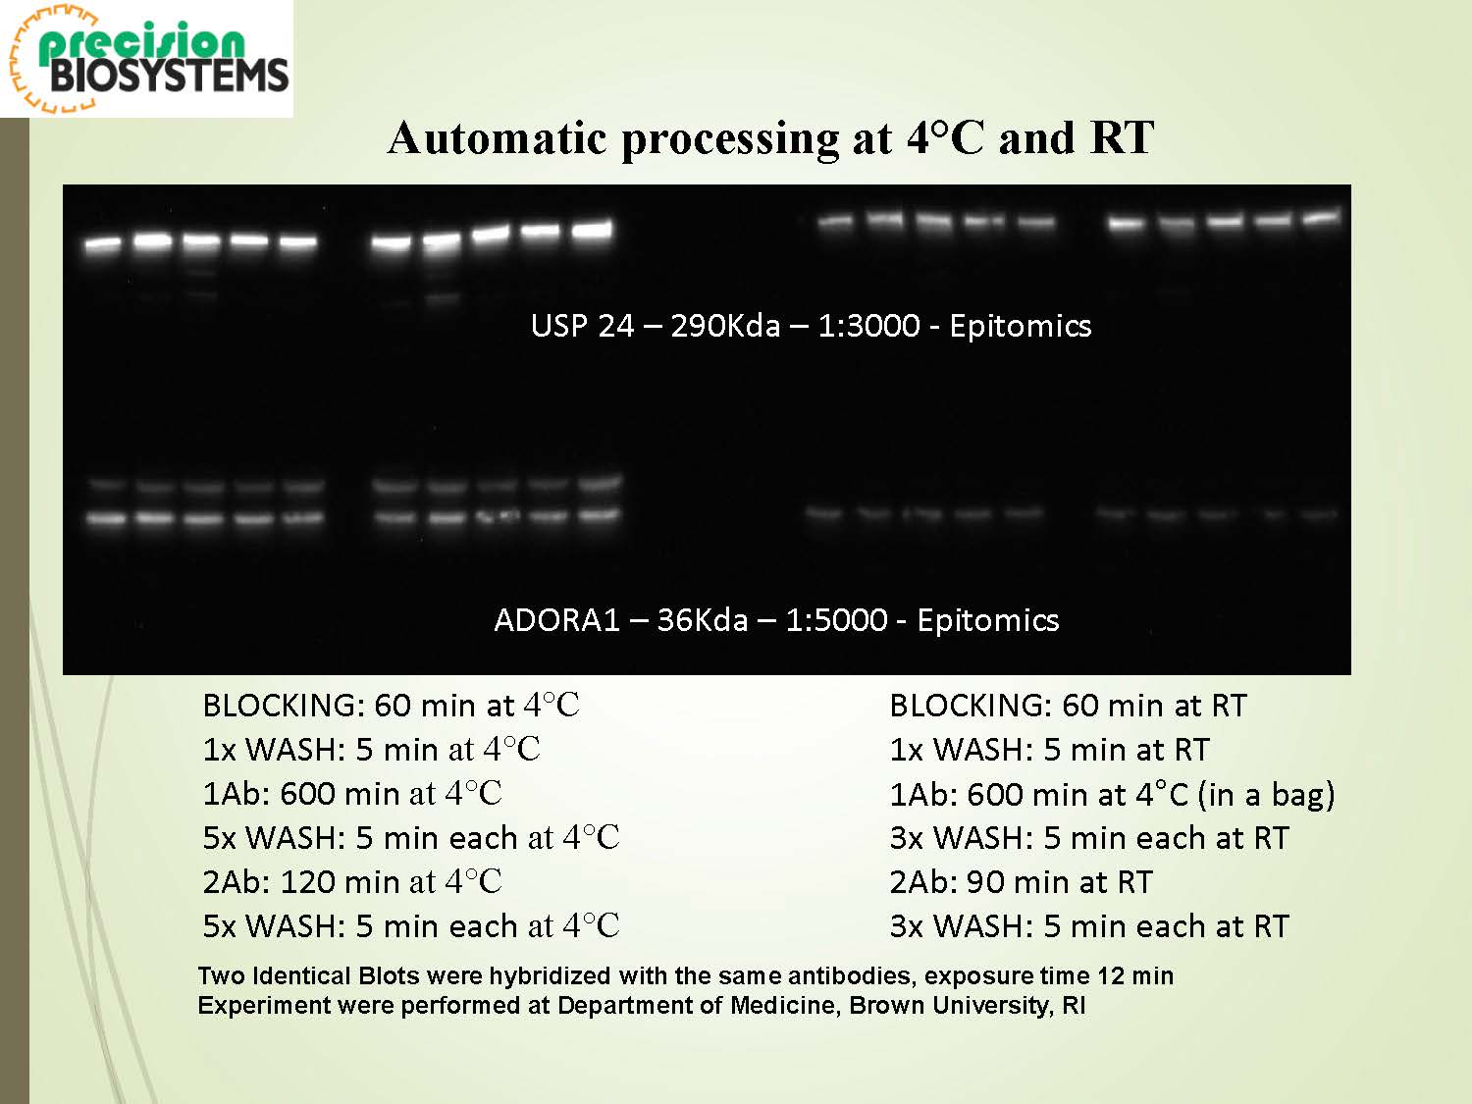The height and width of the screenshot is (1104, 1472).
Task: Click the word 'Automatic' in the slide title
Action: pyautogui.click(x=497, y=138)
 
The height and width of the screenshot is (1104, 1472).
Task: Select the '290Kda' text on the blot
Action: pyautogui.click(x=725, y=327)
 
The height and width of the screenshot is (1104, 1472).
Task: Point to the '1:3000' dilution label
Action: pyautogui.click(x=869, y=327)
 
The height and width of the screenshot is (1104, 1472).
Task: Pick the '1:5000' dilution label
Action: pyautogui.click(x=836, y=620)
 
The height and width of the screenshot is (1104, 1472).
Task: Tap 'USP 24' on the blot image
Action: pyautogui.click(x=582, y=327)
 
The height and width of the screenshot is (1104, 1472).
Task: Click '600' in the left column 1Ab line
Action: pyautogui.click(x=307, y=794)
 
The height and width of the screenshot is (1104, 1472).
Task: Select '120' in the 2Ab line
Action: pyautogui.click(x=307, y=882)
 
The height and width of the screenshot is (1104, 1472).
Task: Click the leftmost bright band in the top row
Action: pyautogui.click(x=103, y=244)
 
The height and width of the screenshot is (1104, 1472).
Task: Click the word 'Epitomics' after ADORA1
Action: pyautogui.click(x=988, y=621)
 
